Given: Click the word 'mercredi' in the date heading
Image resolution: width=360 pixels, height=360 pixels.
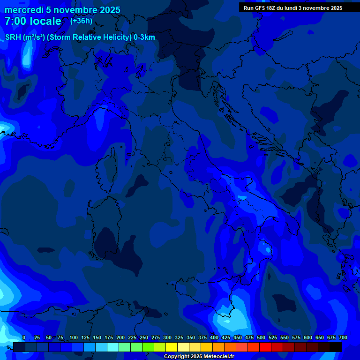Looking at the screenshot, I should [23, 10].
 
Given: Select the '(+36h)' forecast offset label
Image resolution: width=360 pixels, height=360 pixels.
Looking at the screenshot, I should [81, 21].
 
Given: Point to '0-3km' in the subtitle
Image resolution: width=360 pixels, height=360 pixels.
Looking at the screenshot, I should [144, 37].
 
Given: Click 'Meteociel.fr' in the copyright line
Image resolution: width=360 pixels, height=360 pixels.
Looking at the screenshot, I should [218, 357].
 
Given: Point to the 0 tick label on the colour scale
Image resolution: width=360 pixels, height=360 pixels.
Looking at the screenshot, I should [24, 337].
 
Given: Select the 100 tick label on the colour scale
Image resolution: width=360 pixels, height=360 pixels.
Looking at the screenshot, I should [74, 337].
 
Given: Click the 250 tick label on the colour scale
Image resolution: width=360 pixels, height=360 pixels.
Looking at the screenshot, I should [144, 337].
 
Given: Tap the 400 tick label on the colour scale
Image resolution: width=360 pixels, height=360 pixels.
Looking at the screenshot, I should [214, 337].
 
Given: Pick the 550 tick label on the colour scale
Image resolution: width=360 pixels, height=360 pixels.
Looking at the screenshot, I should [285, 337].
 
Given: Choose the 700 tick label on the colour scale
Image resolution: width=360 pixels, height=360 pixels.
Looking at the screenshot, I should [343, 337].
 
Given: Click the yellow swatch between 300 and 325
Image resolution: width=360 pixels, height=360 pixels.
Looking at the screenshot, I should [172, 347].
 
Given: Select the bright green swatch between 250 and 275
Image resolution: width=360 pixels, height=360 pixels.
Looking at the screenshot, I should [148, 347].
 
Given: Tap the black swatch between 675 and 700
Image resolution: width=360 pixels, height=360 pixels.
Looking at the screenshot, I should [336, 347].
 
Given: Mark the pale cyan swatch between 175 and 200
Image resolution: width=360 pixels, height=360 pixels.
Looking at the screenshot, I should [113, 347].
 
